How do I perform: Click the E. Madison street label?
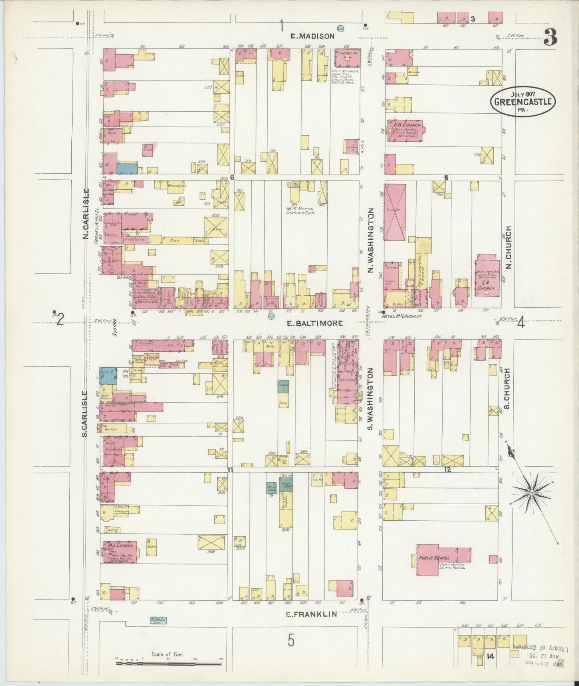312,36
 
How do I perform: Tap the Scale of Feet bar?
168,663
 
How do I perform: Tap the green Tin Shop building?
283,386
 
